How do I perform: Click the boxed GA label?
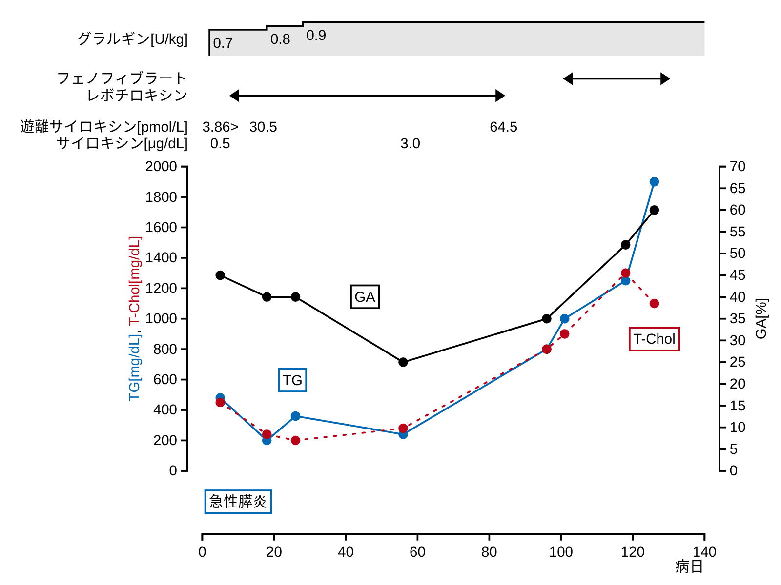(x=365, y=297)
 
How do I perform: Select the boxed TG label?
(x=292, y=380)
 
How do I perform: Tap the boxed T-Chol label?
(x=654, y=339)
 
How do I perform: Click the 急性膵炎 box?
(x=238, y=502)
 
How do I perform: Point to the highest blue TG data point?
(x=654, y=182)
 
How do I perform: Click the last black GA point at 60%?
(x=654, y=210)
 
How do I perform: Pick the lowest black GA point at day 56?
(x=403, y=362)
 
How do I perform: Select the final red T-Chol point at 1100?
(x=654, y=304)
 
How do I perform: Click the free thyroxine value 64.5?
(x=503, y=127)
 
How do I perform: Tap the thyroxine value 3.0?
(x=410, y=144)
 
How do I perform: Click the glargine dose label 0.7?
(x=223, y=43)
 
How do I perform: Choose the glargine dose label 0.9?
(x=316, y=36)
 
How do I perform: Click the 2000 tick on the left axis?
(x=161, y=167)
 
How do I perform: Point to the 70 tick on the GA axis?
(x=738, y=167)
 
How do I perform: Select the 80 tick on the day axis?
(x=489, y=552)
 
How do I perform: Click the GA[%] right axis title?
(x=761, y=319)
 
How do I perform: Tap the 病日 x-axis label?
(x=689, y=566)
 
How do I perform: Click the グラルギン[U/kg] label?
(x=132, y=39)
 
